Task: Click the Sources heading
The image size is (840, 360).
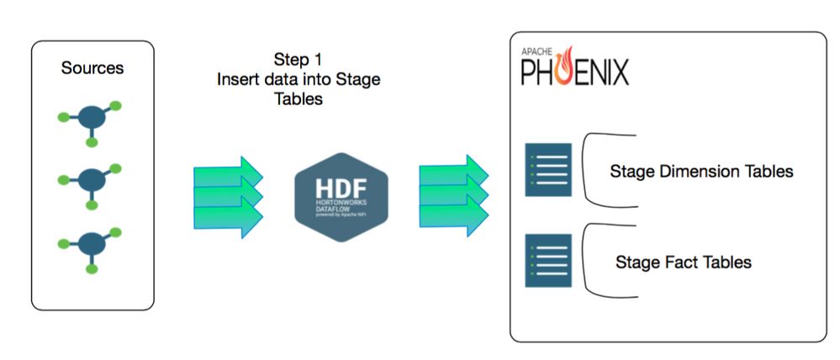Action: click(92, 68)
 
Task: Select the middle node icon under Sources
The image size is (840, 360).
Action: click(91, 180)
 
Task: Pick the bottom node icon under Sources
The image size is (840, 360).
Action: click(91, 244)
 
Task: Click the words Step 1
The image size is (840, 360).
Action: click(298, 61)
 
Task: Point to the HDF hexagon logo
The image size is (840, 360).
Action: click(341, 198)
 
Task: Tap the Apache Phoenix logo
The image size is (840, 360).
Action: click(574, 67)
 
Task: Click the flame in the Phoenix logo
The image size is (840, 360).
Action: click(567, 64)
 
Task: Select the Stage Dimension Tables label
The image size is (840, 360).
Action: click(701, 172)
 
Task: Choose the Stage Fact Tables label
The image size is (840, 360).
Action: click(683, 262)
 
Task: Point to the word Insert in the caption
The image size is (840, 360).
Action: click(236, 80)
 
